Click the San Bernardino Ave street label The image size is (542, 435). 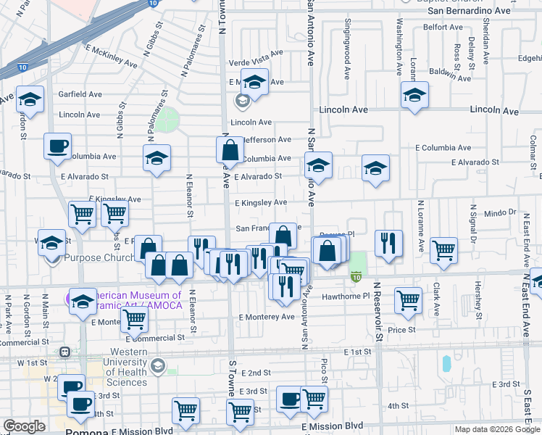[469, 11]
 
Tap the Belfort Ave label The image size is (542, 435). [443, 27]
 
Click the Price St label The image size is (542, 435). [401, 329]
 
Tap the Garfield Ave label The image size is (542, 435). [80, 94]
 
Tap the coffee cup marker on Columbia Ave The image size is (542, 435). [57, 146]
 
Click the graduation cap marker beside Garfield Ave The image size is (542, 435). [30, 99]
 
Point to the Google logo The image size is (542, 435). [24, 426]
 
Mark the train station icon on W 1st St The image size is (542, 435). [64, 352]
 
